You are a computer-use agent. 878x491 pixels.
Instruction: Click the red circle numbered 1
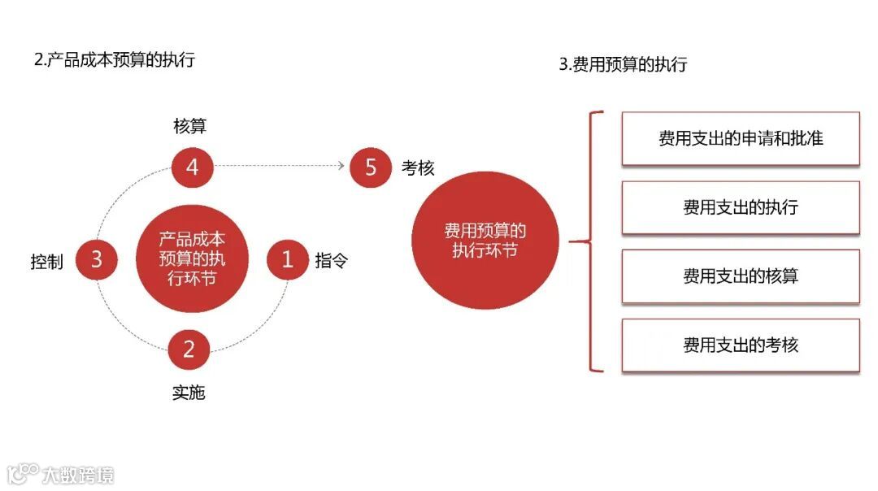pos(288,260)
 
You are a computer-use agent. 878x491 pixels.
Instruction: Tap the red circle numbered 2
pos(189,350)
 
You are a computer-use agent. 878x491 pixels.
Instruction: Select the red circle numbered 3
pos(97,260)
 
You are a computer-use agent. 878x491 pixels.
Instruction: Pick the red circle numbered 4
pos(193,167)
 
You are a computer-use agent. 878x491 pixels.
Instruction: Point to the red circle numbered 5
pos(371,167)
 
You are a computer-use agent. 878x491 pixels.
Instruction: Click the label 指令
pos(332,261)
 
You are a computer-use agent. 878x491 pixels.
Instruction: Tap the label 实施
pos(189,393)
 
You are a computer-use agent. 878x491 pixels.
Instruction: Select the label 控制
pos(46,262)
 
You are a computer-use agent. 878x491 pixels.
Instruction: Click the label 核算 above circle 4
pos(190,126)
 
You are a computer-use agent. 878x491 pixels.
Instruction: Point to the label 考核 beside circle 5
pos(418,168)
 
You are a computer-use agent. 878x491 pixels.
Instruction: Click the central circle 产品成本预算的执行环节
pos(192,260)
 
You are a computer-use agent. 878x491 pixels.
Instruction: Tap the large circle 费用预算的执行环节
pos(485,241)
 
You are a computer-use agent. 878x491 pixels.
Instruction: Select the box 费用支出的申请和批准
pos(741,139)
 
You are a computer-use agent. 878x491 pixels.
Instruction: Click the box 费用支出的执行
pos(741,207)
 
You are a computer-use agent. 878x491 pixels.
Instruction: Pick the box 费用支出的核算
pos(741,276)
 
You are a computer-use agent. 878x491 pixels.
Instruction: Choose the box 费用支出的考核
pos(741,345)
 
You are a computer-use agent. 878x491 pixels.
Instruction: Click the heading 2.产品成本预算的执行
pos(115,60)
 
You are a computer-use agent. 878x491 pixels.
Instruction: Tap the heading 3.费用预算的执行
pos(623,65)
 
